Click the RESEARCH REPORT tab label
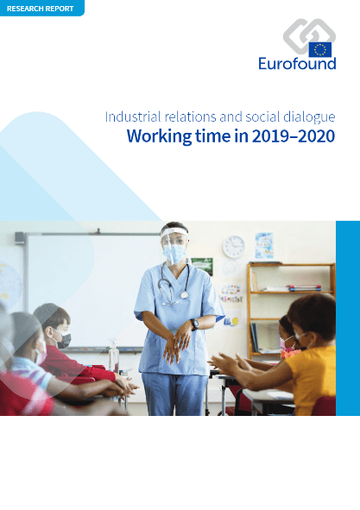(40, 9)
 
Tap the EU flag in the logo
(320, 50)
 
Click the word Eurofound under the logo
(297, 64)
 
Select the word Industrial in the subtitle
(133, 116)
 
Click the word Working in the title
(159, 136)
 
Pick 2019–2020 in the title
(294, 136)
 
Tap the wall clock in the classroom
(234, 247)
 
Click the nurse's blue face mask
(174, 253)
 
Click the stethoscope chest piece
(184, 295)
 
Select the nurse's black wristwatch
(194, 324)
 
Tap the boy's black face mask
(63, 340)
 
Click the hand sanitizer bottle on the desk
(113, 356)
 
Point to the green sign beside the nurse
(202, 267)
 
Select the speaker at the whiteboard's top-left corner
(19, 238)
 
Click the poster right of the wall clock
(264, 245)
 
